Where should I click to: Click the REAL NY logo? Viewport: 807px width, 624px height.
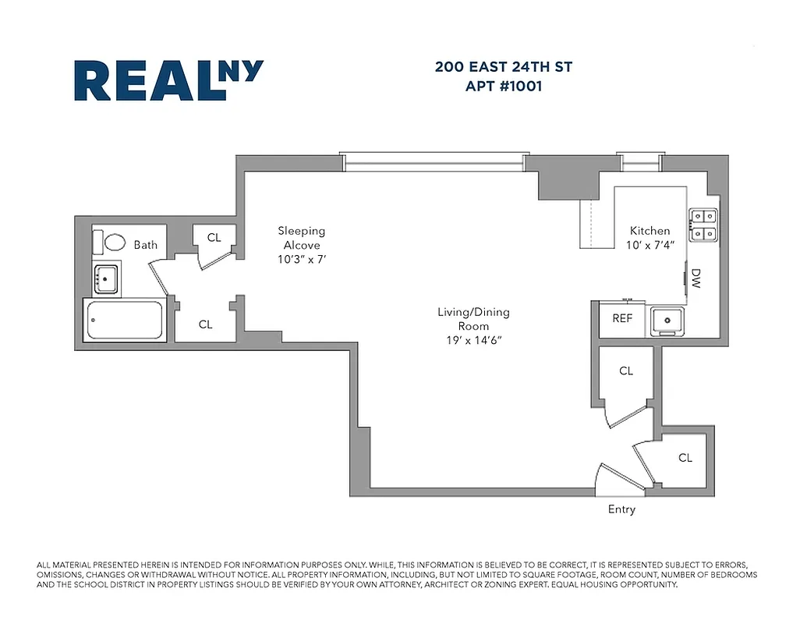(x=168, y=80)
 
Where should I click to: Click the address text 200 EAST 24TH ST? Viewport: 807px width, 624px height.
(x=503, y=67)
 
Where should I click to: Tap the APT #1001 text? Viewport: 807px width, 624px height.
(x=503, y=87)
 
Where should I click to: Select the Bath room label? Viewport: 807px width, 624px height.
(x=145, y=244)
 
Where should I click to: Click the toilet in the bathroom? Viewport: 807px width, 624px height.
(x=113, y=242)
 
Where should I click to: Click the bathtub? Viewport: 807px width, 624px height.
(x=126, y=320)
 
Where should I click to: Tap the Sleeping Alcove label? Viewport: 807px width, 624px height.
(x=301, y=238)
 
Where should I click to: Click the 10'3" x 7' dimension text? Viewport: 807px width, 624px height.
(x=301, y=260)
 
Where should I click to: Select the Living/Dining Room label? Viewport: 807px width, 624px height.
(x=473, y=319)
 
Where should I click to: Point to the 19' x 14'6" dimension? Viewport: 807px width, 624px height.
(x=473, y=340)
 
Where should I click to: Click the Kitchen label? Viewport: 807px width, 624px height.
(x=649, y=230)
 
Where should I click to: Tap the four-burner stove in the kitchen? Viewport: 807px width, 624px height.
(x=703, y=224)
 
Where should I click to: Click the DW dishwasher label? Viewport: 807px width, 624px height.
(x=696, y=279)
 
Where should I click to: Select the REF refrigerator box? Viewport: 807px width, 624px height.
(x=622, y=318)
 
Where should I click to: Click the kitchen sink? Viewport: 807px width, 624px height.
(x=667, y=319)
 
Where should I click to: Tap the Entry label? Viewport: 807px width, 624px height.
(x=621, y=509)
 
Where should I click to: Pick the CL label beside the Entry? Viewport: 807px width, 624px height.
(x=685, y=458)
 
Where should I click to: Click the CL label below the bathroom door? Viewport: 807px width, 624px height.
(x=205, y=324)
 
